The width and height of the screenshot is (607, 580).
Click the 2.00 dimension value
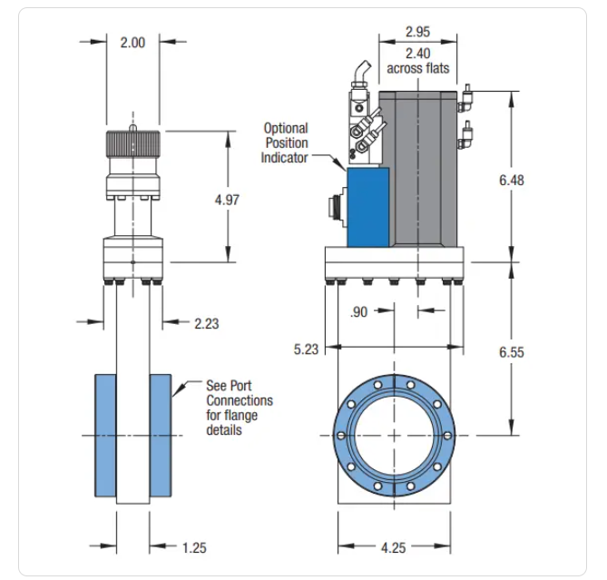[132, 42]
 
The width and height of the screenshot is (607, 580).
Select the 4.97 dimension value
[227, 200]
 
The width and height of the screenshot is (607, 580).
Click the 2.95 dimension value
[417, 33]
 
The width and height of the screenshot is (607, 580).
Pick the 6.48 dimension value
[512, 180]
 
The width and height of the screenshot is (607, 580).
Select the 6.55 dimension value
[512, 352]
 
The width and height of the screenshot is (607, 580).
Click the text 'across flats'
[418, 68]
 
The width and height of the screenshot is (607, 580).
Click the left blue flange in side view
[105, 435]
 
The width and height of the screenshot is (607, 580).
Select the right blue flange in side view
[162, 435]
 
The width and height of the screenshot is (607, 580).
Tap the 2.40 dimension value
[417, 53]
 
